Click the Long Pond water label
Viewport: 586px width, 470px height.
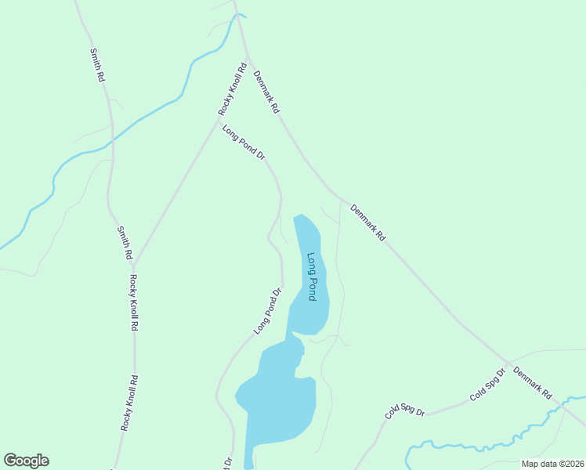click(312, 277)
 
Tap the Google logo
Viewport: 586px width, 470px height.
click(26, 461)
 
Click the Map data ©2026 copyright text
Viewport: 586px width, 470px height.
click(552, 464)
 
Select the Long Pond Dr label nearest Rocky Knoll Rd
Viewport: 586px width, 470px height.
click(244, 143)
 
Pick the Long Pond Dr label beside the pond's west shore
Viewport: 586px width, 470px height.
click(267, 312)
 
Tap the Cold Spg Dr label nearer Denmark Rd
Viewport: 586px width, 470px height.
click(487, 385)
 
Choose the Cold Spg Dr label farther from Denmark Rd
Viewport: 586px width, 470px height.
click(404, 409)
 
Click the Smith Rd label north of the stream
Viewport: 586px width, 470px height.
click(97, 66)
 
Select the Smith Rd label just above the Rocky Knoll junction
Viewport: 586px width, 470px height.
click(124, 243)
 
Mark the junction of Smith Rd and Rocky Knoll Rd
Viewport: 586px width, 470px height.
click(133, 263)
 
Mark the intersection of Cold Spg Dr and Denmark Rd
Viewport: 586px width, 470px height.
click(508, 364)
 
